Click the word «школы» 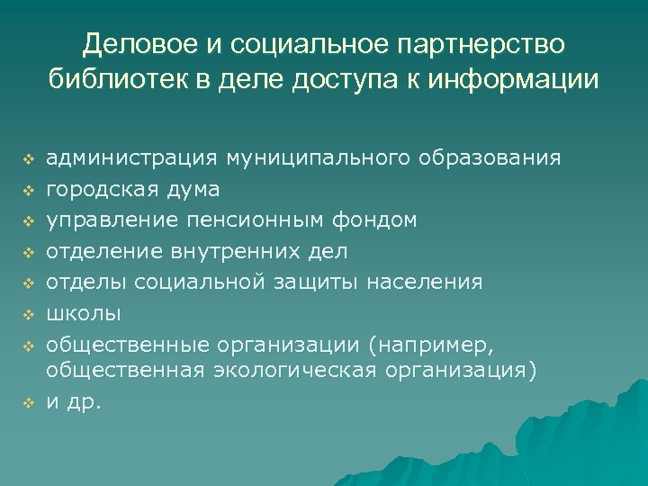coord(83,313)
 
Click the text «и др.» coord(74,401)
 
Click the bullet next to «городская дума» coord(28,191)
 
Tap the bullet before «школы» coord(28,314)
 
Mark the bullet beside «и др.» coord(28,402)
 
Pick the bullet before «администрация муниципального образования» coord(28,160)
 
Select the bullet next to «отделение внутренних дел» coord(28,252)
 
